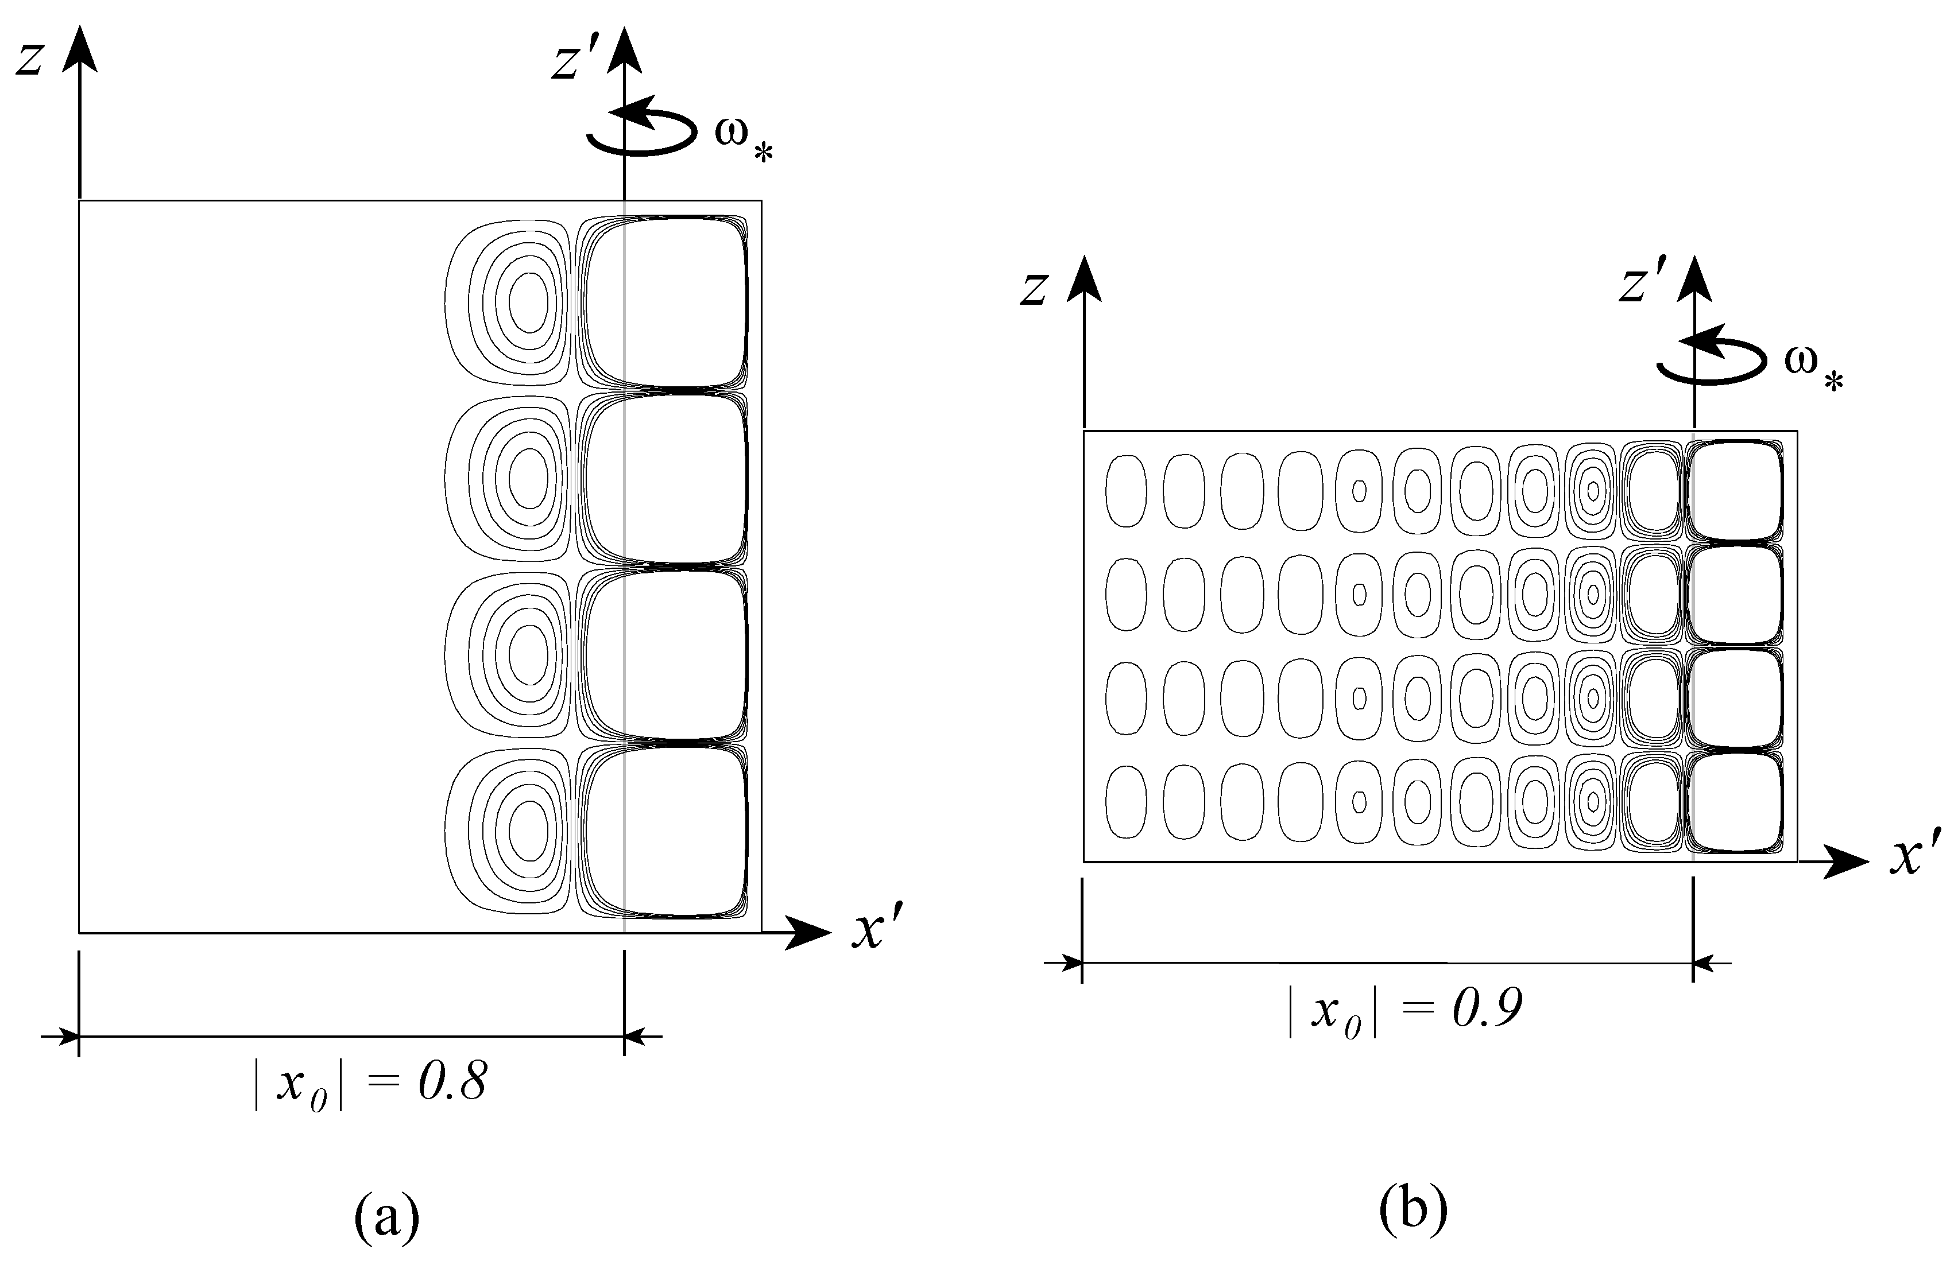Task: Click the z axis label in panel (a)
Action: (29, 60)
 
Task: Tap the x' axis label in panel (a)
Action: (876, 931)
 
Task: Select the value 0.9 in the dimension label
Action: (1487, 1008)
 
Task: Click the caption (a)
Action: (386, 1217)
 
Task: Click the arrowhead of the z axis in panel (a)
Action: (79, 49)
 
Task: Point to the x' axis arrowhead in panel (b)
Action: (1846, 862)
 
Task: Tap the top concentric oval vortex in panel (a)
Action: (529, 301)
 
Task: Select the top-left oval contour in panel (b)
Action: (1126, 491)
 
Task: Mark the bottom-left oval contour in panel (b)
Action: (1126, 801)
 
